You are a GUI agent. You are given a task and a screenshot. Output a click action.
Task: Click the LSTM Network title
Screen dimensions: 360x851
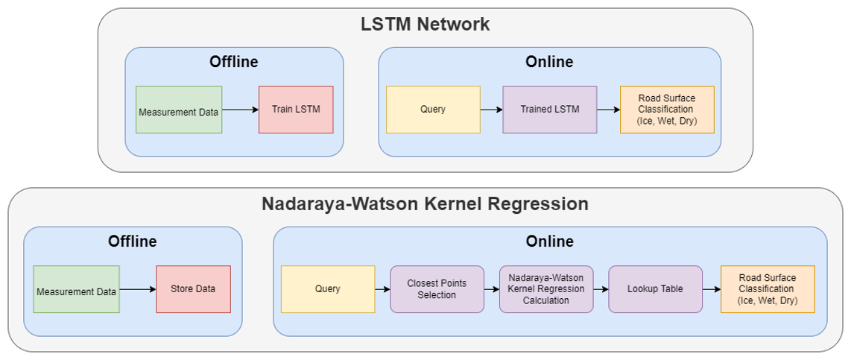425,24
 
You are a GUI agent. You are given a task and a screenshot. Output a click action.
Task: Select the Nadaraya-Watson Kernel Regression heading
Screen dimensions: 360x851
425,203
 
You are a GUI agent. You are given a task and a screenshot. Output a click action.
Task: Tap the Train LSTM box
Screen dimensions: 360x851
296,110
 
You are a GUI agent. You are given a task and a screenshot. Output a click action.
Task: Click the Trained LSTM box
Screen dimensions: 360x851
549,110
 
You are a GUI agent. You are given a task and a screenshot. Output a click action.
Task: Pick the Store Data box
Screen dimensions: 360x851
193,289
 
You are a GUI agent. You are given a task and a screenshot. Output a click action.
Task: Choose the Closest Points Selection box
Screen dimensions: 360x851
437,289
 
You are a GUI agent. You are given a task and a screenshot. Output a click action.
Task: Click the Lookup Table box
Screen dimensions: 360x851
655,289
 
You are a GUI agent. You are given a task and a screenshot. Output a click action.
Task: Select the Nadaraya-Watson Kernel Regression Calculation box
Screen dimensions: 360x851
546,289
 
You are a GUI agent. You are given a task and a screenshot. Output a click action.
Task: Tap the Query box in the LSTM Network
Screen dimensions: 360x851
433,110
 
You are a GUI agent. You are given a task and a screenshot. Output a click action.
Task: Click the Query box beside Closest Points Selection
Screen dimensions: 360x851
328,289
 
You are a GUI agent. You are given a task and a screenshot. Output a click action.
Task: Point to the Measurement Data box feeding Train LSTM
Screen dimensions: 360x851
179,110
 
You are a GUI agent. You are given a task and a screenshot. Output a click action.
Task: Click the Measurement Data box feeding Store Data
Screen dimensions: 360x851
76,289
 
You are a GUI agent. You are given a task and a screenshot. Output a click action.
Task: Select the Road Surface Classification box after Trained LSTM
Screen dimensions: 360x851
667,110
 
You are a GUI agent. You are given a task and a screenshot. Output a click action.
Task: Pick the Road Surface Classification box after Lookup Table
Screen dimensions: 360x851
768,289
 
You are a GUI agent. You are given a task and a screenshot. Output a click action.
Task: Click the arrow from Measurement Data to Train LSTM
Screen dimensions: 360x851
240,110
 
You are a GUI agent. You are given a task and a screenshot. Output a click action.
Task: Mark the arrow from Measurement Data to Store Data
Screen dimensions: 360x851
137,289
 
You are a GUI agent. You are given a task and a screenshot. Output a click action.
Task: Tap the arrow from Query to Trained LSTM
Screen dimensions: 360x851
491,110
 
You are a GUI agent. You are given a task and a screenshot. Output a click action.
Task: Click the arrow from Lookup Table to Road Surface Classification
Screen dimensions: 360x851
712,289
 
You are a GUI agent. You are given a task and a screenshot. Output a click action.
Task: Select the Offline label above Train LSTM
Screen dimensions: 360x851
233,62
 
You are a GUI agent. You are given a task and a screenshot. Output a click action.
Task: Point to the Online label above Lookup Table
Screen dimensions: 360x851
549,241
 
